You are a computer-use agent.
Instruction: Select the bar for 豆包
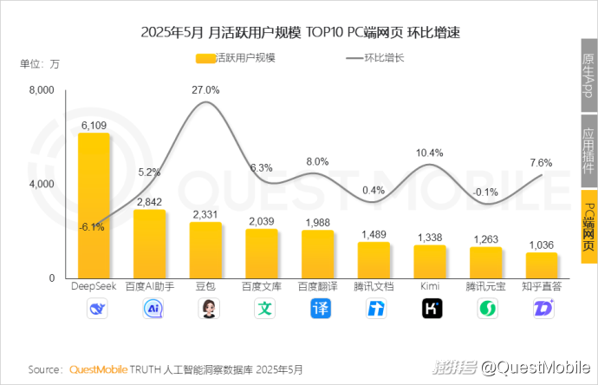[x=205, y=250]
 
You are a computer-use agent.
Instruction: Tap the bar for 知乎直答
[x=542, y=265]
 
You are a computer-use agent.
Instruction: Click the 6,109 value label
[x=94, y=125]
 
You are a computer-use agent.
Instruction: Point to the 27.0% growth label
[x=205, y=89]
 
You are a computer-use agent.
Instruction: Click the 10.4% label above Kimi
[x=430, y=153]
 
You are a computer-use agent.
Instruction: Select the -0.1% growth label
[x=485, y=192]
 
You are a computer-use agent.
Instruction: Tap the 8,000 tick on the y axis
[x=42, y=90]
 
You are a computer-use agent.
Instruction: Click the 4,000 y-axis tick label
[x=42, y=184]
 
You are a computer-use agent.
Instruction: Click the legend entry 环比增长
[x=375, y=58]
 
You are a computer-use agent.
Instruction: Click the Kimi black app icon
[x=431, y=309]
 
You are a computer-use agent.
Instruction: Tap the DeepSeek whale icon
[x=94, y=309]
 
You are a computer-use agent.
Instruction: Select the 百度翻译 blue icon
[x=318, y=309]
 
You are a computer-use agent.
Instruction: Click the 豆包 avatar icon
[x=206, y=309]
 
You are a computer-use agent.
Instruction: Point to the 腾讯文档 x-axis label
[x=374, y=286]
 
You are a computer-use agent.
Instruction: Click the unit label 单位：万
[x=40, y=63]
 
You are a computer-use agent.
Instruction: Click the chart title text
[x=299, y=34]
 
